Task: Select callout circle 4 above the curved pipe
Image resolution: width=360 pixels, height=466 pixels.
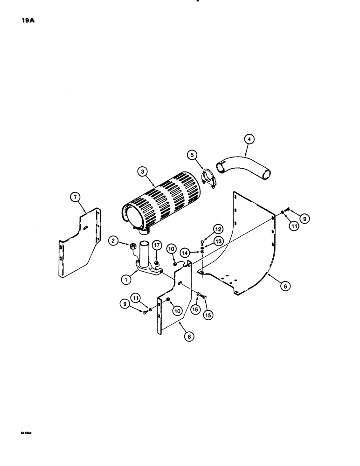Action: (250, 139)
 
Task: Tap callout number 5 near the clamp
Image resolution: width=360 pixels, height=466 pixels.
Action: (191, 153)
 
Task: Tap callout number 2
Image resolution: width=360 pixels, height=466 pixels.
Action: (113, 240)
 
